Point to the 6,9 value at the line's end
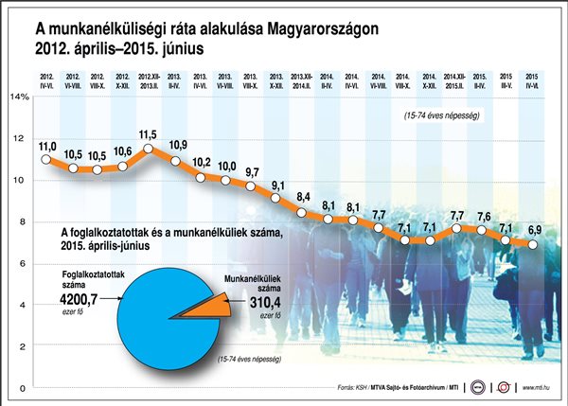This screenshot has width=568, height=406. (534, 231)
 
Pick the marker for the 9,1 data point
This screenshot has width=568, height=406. (276, 197)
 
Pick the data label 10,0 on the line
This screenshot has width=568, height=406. (226, 166)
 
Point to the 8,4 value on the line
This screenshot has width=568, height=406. (304, 197)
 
